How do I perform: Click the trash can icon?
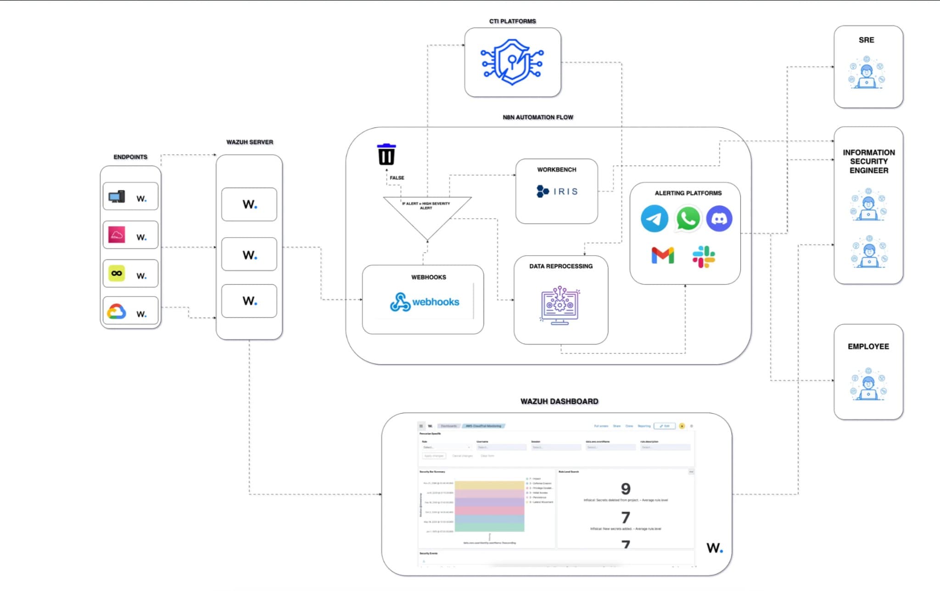click(x=386, y=155)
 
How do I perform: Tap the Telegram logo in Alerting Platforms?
click(x=654, y=218)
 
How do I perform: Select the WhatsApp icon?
click(x=688, y=218)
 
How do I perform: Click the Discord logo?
click(x=719, y=218)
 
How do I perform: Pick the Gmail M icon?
click(x=663, y=255)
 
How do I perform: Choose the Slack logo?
click(x=704, y=256)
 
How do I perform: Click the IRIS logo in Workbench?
click(x=557, y=191)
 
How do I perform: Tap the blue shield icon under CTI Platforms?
click(x=512, y=62)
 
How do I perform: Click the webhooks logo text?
click(x=435, y=302)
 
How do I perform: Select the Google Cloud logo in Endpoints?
click(x=117, y=312)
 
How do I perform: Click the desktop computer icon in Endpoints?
click(x=117, y=197)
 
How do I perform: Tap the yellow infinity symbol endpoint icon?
click(x=117, y=273)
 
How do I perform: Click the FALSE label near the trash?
click(x=397, y=178)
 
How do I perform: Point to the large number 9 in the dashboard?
click(x=625, y=489)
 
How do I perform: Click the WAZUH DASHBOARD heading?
click(x=559, y=401)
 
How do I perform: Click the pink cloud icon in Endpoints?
click(x=117, y=235)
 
